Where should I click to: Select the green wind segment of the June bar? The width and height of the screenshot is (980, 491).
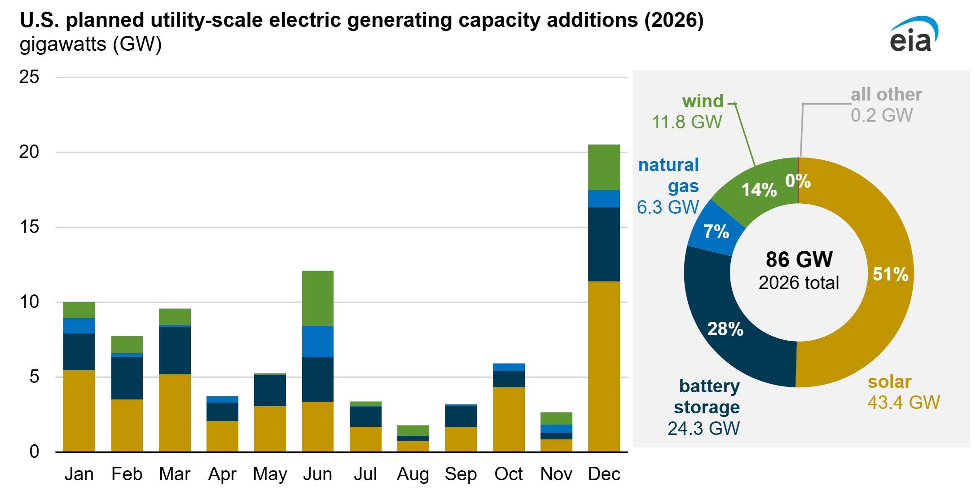point(317,298)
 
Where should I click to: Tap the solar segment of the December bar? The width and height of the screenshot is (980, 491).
point(604,366)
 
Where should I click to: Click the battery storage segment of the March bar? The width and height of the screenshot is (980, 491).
point(175,350)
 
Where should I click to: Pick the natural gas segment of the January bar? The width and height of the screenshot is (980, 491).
point(79,325)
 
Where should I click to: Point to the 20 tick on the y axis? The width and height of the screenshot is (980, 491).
point(29,152)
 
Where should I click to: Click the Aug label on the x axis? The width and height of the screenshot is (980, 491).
point(413,474)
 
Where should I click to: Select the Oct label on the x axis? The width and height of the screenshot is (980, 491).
point(508,474)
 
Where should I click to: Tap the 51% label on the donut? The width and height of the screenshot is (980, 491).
point(890,274)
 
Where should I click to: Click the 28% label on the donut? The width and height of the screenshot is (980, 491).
point(725,329)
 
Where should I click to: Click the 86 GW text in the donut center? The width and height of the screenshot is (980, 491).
point(799,259)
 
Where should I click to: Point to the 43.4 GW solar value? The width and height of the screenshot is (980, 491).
point(903,402)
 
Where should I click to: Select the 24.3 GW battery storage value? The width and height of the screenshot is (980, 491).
point(703,428)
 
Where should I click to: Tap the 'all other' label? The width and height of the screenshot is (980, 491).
point(886,94)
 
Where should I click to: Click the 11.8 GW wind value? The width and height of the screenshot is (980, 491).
point(687,122)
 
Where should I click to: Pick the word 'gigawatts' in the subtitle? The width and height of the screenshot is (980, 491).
point(63,44)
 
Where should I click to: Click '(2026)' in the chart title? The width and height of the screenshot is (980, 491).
point(674,20)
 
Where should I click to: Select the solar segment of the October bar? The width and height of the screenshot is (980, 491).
point(508,419)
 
